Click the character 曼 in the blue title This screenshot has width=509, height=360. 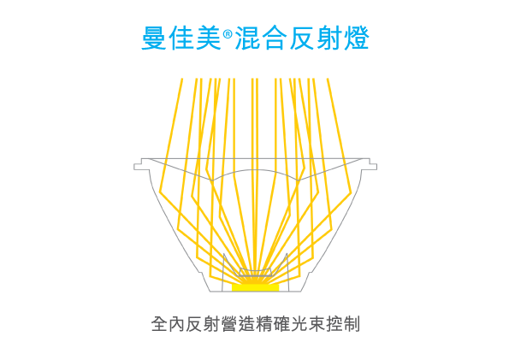[154, 38]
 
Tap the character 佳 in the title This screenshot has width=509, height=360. [181, 38]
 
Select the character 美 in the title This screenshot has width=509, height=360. [209, 38]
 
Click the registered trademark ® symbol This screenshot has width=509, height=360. [228, 33]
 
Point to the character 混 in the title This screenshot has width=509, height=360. [247, 38]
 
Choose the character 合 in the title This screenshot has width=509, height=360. [275, 38]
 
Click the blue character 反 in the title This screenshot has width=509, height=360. [302, 38]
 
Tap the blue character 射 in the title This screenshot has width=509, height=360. [329, 38]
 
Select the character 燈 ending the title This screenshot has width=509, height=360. [357, 38]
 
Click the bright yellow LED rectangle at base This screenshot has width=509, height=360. [255, 287]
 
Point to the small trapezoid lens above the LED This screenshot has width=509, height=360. [255, 272]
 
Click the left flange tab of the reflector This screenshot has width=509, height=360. [142, 164]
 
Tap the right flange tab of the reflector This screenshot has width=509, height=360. [369, 164]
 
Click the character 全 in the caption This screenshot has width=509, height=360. [159, 324]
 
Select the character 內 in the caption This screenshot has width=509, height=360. [177, 324]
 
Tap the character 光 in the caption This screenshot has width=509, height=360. [299, 324]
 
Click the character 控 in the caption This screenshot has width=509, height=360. [334, 324]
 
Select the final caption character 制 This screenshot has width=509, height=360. [352, 324]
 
